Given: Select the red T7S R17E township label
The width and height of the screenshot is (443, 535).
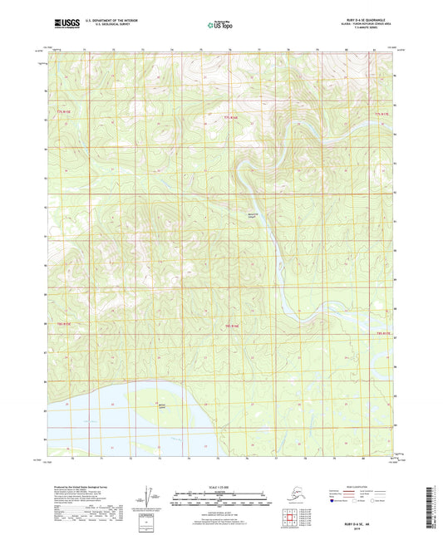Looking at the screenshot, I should (x=381, y=111).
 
